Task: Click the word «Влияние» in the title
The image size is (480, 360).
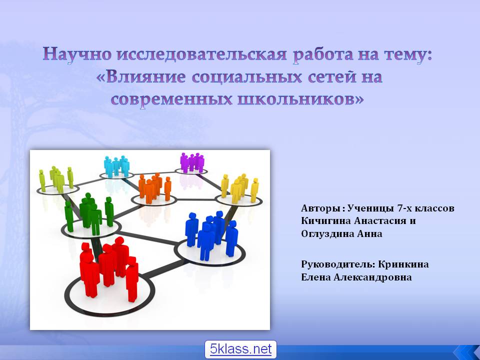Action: click(145, 77)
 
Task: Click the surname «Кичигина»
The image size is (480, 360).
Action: click(325, 221)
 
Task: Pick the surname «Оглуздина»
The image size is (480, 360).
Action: click(327, 234)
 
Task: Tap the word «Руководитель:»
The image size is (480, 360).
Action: click(338, 264)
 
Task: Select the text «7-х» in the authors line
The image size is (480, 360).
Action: click(404, 208)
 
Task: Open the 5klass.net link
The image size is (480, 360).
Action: click(240, 349)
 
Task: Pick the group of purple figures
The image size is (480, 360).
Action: click(192, 162)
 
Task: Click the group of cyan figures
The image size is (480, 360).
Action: click(116, 166)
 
